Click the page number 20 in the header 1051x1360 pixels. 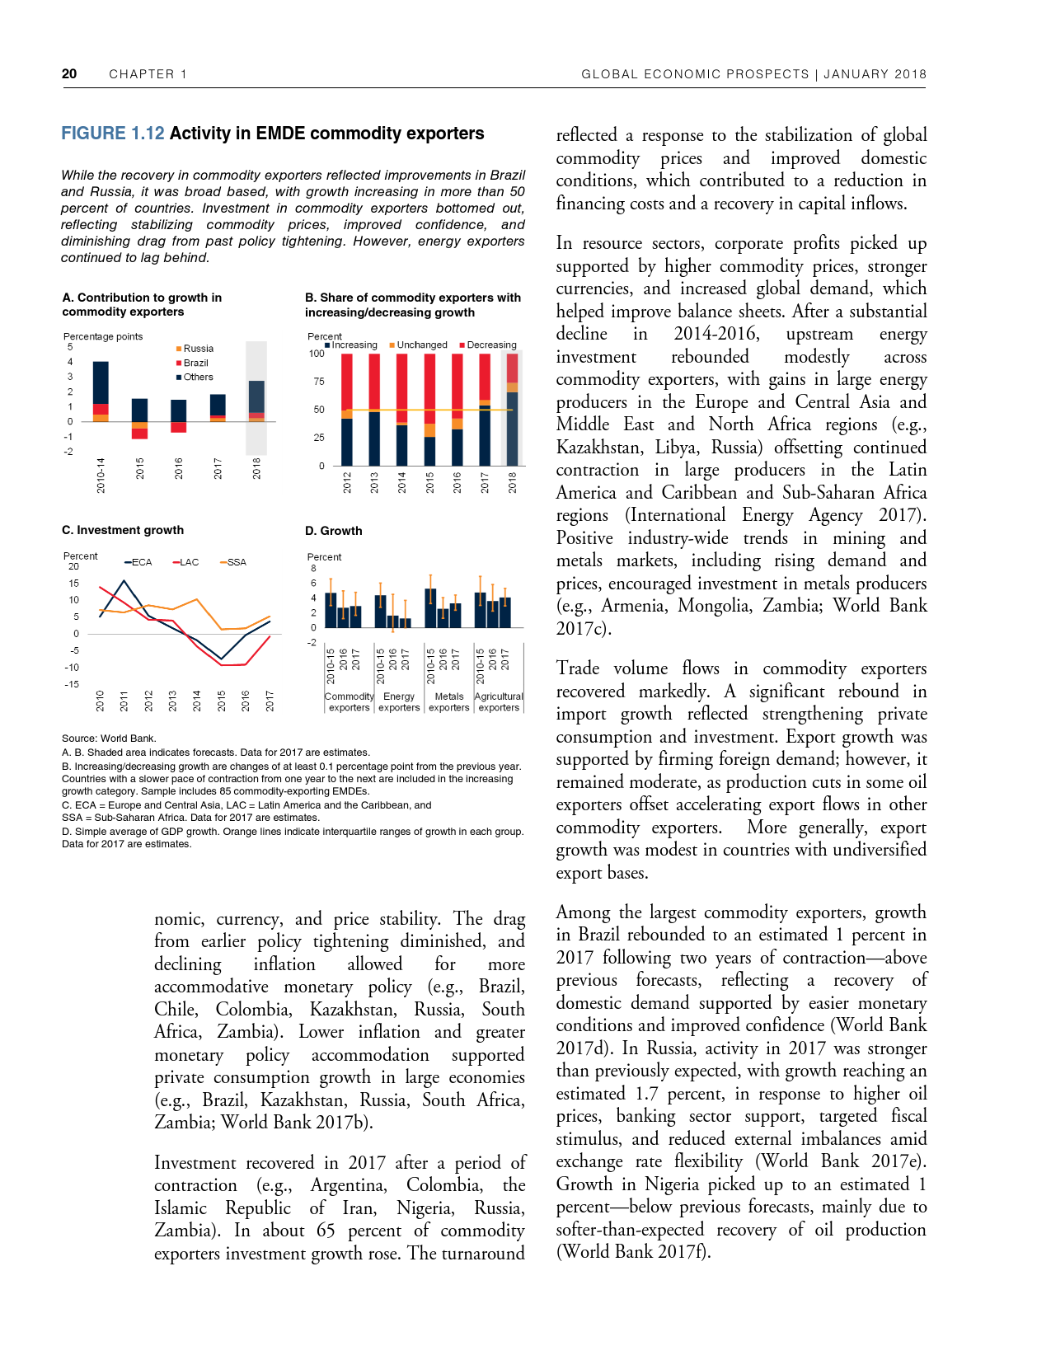coord(69,74)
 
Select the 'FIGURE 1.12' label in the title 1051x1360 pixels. coord(113,134)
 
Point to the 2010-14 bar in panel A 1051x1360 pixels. coord(101,392)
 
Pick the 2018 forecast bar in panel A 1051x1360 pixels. coord(256,401)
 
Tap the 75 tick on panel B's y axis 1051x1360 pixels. coord(317,382)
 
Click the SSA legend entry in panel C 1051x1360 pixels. coord(236,562)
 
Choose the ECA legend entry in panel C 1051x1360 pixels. coord(141,562)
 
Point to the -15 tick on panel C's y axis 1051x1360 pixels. coord(73,684)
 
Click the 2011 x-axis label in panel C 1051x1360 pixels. coord(124,701)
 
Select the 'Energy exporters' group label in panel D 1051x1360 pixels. coord(399,702)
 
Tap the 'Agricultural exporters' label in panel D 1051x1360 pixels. coord(499,702)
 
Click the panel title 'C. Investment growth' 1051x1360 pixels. coord(123,530)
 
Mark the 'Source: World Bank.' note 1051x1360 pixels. coord(109,739)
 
